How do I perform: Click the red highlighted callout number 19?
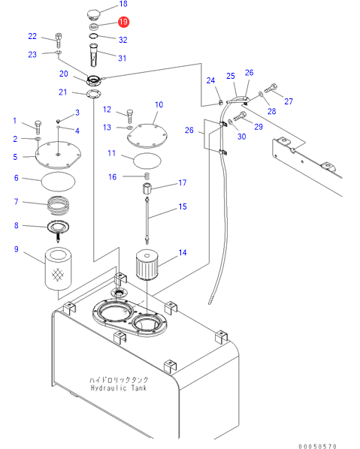pyautogui.click(x=123, y=22)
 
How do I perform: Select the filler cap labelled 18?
pyautogui.click(x=93, y=15)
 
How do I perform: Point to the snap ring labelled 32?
pyautogui.click(x=93, y=36)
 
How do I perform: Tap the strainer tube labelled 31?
pyautogui.click(x=94, y=55)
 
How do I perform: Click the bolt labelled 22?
pyautogui.click(x=59, y=40)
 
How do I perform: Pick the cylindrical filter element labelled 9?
pyautogui.click(x=58, y=269)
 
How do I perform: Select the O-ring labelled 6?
pyautogui.click(x=58, y=182)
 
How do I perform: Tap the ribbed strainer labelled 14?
pyautogui.click(x=147, y=264)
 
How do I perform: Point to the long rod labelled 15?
pyautogui.click(x=147, y=221)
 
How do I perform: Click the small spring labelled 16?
pyautogui.click(x=147, y=176)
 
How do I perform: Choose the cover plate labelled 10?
pyautogui.click(x=147, y=136)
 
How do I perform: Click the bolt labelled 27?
pyautogui.click(x=271, y=88)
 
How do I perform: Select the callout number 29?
pyautogui.click(x=259, y=127)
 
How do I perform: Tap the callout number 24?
pyautogui.click(x=210, y=80)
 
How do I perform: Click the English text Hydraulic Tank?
pyautogui.click(x=119, y=388)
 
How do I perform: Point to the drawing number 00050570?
pyautogui.click(x=317, y=446)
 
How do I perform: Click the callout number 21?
pyautogui.click(x=63, y=92)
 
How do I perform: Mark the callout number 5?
pyautogui.click(x=15, y=157)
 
